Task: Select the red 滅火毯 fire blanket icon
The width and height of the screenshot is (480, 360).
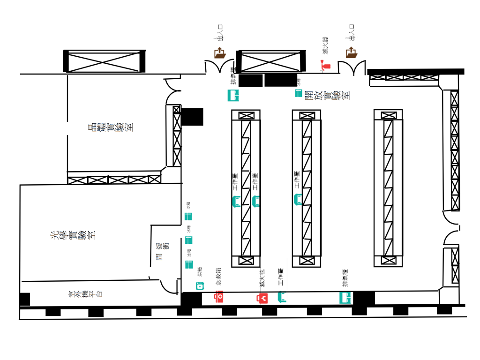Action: [262, 297]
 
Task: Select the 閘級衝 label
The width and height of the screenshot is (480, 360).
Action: [160, 251]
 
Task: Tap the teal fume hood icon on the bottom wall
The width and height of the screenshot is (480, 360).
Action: [345, 297]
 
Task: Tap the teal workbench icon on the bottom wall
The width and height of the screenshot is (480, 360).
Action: [282, 296]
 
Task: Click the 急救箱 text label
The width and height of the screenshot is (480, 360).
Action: [218, 277]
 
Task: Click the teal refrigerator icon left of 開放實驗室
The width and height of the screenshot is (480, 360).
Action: [298, 93]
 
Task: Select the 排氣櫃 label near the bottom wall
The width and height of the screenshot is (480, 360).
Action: [345, 278]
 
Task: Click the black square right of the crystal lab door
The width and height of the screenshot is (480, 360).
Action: [192, 117]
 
